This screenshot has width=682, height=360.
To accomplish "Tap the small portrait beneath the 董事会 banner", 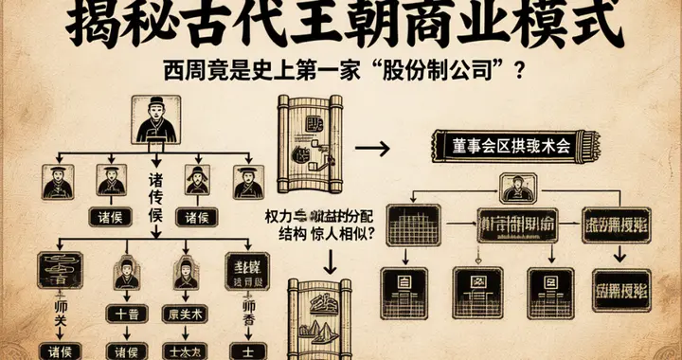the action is point(518,190).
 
